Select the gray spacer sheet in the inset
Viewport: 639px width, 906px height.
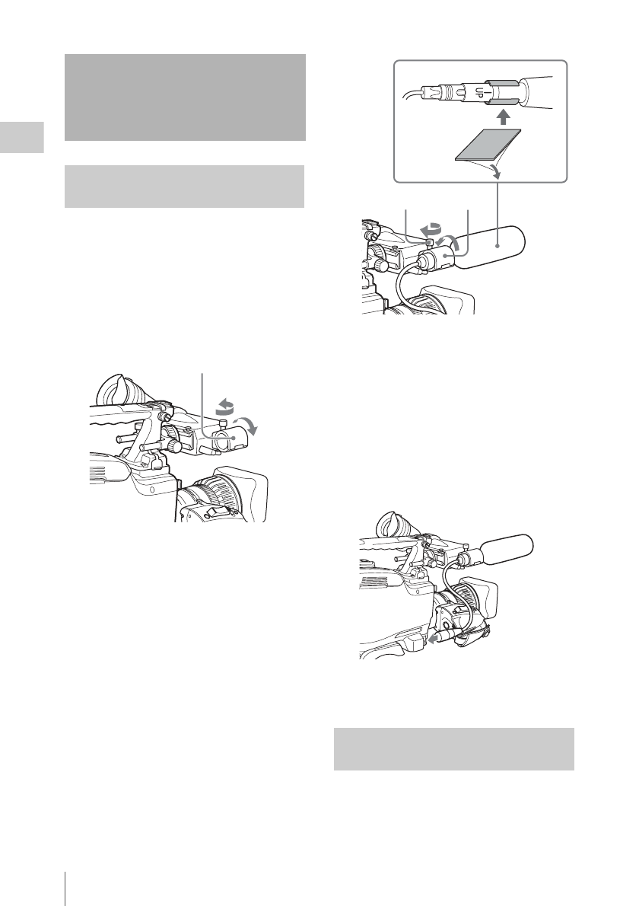[x=488, y=145]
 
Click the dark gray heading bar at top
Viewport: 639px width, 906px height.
[x=185, y=97]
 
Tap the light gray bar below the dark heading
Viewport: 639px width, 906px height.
[x=185, y=187]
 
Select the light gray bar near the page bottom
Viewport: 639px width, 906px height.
[x=453, y=748]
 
